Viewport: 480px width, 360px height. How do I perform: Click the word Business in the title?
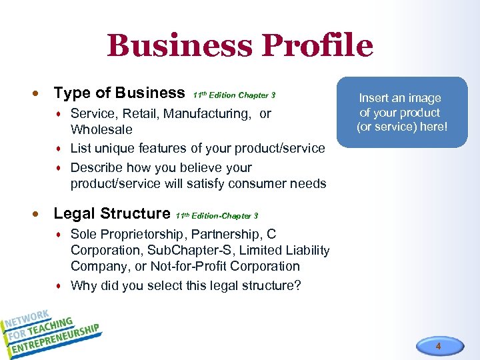(179, 46)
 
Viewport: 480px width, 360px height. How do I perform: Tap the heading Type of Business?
(119, 93)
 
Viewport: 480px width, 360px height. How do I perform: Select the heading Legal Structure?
(111, 213)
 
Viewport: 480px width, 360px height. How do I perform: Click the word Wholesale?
(101, 129)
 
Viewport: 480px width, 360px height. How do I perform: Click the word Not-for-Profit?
(193, 266)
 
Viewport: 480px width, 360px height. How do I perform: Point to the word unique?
(116, 148)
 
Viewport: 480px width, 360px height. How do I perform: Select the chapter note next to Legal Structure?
(217, 215)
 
